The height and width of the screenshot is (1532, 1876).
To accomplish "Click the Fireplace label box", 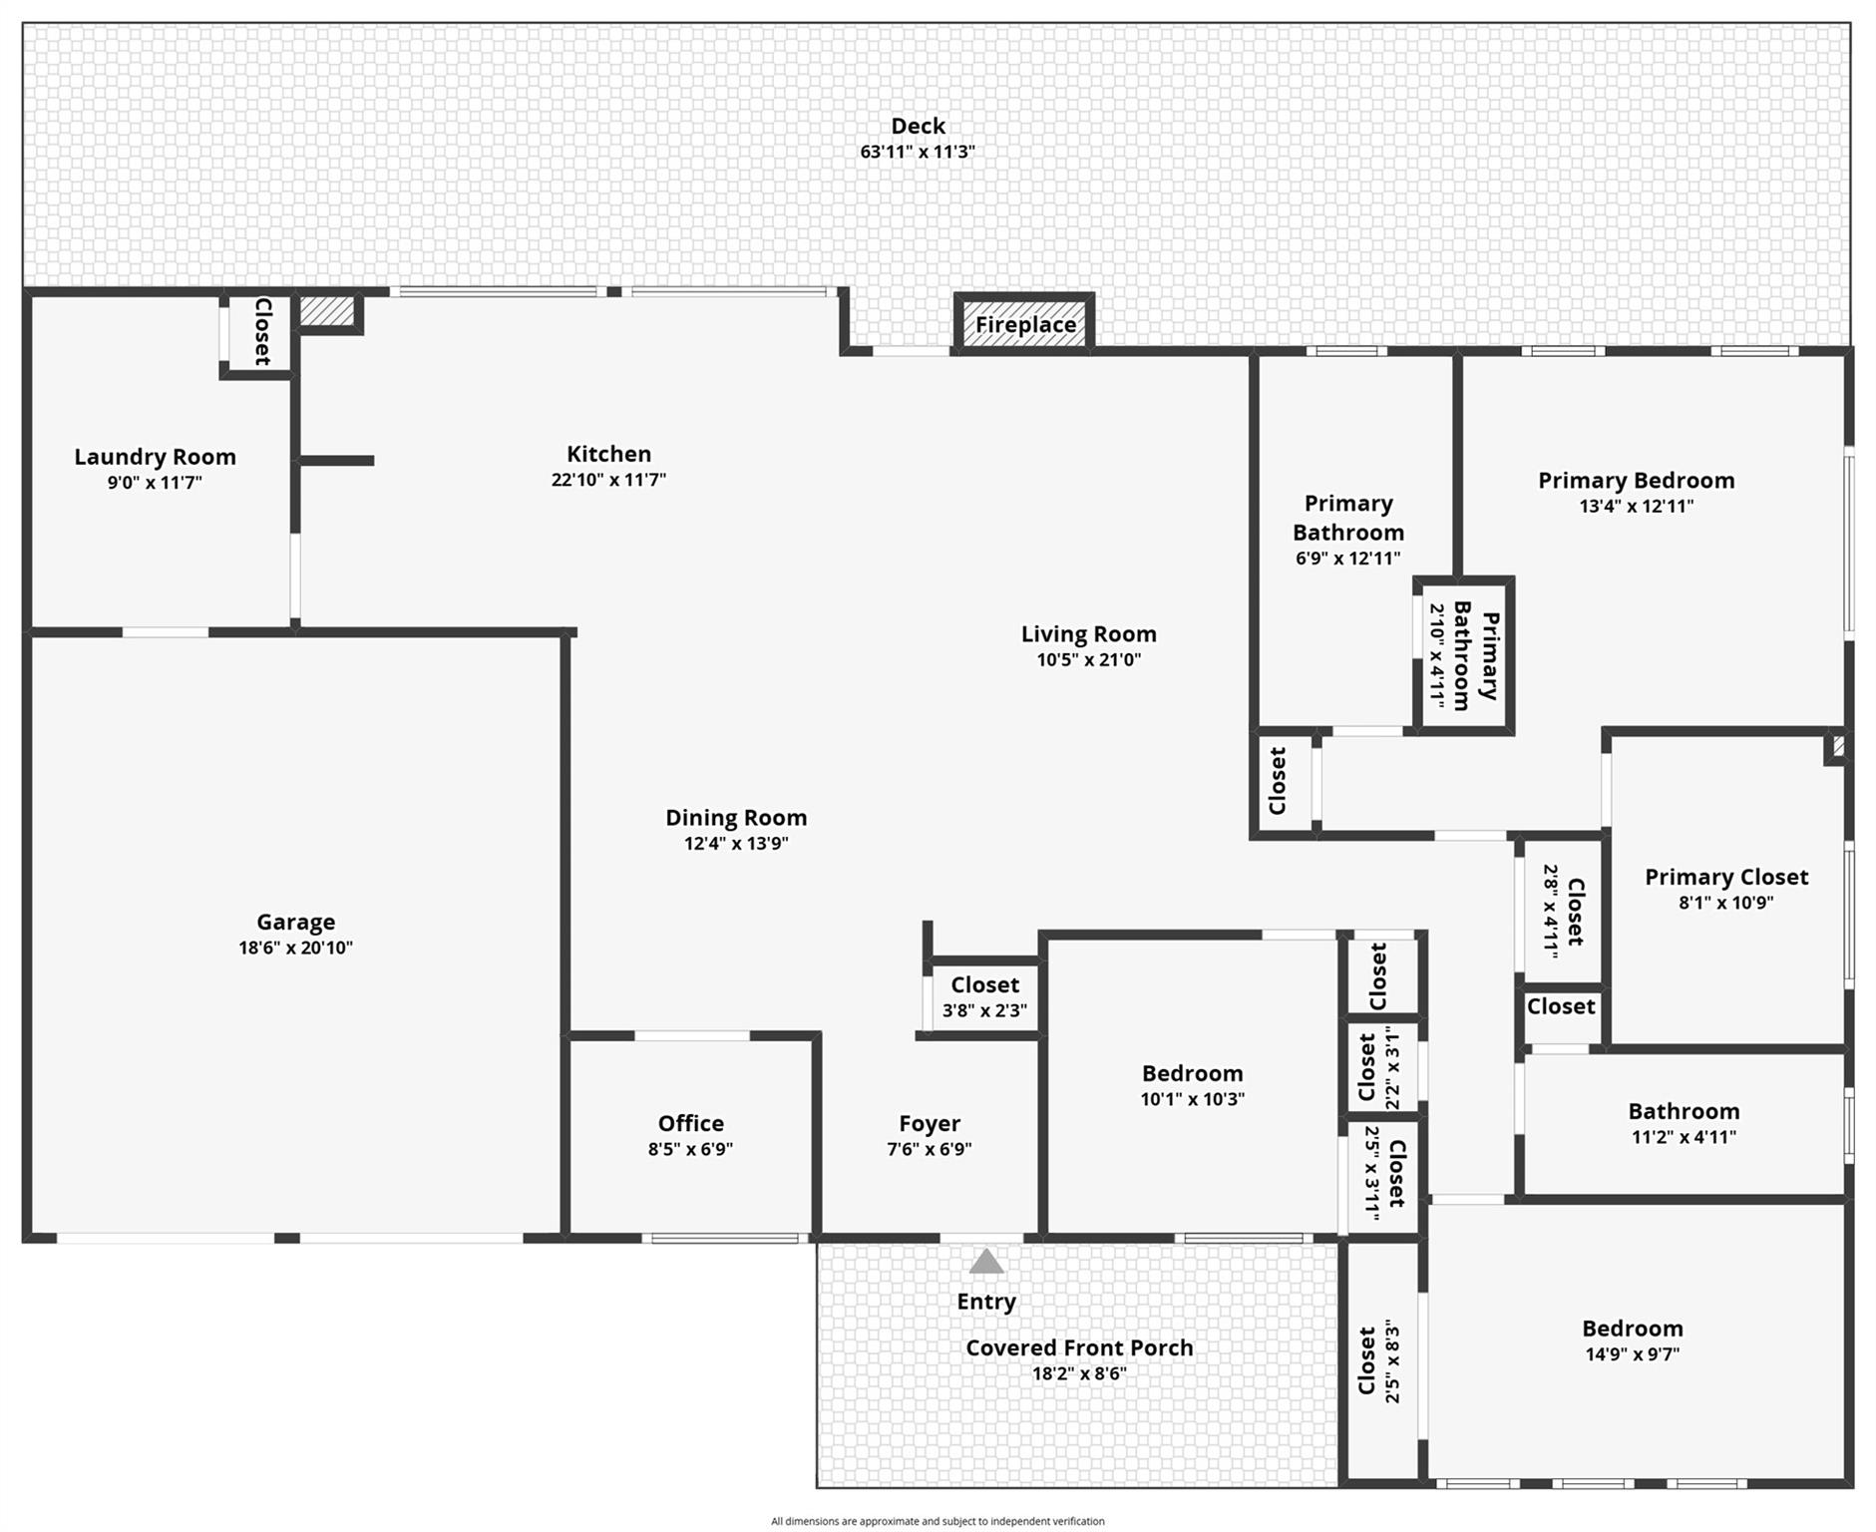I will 1024,324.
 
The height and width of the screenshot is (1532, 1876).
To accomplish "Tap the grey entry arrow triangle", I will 985,1262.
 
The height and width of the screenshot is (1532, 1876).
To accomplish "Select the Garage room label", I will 295,922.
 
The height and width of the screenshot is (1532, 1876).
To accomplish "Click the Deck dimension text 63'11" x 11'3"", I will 917,153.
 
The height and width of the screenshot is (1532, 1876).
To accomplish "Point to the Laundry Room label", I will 155,457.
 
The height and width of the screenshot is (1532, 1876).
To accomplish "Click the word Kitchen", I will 608,454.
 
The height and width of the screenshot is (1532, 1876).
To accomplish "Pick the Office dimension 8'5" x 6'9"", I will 690,1149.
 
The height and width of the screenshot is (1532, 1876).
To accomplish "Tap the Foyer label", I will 929,1124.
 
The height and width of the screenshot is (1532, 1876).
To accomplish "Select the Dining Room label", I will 736,818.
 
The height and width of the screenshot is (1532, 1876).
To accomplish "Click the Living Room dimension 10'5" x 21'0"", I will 1088,659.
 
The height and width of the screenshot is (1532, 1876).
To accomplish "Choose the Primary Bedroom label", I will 1636,481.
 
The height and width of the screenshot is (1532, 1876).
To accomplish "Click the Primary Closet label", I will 1725,877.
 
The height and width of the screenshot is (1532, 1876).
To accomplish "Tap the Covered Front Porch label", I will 1079,1347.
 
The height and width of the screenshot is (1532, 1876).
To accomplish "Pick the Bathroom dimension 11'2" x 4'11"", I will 1683,1137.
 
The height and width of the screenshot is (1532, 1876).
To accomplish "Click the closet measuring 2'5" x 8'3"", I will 1380,1361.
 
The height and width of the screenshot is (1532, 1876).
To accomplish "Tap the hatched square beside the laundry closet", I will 327,310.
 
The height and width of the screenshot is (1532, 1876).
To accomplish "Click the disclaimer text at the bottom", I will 937,1521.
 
